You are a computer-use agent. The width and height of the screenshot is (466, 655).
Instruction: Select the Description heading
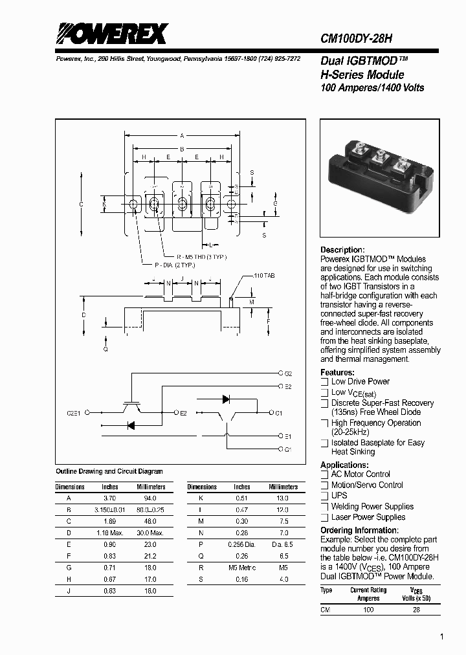(x=342, y=250)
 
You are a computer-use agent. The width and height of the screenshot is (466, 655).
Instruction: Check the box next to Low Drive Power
(x=324, y=382)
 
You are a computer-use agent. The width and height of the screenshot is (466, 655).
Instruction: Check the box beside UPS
(x=324, y=496)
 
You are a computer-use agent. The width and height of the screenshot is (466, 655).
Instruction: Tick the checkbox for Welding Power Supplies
(x=324, y=507)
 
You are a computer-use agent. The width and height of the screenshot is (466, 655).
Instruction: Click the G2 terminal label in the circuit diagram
(x=288, y=373)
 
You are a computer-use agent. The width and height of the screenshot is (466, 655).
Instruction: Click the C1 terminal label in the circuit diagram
(x=278, y=412)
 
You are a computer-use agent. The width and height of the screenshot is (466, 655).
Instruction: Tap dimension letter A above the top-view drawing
(x=182, y=136)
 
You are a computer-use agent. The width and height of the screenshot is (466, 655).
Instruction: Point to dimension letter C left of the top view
(x=81, y=205)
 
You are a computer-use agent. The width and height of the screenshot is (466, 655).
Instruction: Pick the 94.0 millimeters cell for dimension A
(x=150, y=498)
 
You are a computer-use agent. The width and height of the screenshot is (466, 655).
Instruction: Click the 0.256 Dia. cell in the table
(x=241, y=545)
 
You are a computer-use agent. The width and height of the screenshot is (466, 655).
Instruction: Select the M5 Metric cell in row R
(x=241, y=568)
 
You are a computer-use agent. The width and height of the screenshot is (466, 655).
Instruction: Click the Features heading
(x=337, y=372)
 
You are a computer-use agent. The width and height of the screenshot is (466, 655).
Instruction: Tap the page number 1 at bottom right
(x=441, y=637)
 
